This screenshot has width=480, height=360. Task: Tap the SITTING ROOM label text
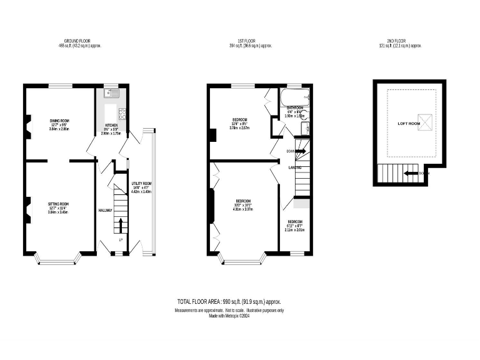click(x=58, y=204)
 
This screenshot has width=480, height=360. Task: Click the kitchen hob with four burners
click(x=122, y=114)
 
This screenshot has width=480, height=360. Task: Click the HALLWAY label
click(x=105, y=210)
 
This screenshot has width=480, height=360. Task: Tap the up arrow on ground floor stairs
click(x=121, y=224)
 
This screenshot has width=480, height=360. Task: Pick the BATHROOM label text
click(x=294, y=107)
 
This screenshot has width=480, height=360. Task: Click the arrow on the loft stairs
click(x=410, y=173)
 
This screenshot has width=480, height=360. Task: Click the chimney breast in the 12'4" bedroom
click(x=214, y=134)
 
